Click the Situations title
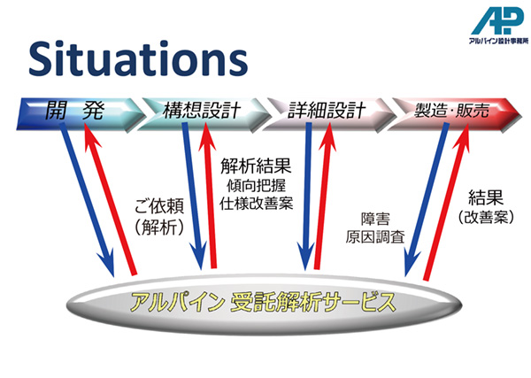[138, 58]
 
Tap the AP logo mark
[496, 21]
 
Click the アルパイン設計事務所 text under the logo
[498, 41]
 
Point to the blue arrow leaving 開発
[87, 200]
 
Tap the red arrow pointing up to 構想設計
[210, 196]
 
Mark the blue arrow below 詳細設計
[307, 197]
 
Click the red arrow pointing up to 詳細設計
[323, 196]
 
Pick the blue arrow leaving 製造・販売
[426, 200]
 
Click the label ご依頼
[159, 206]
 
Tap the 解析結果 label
[256, 166]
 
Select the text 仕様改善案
[256, 204]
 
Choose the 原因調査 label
[375, 236]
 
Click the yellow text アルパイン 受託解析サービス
[263, 303]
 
